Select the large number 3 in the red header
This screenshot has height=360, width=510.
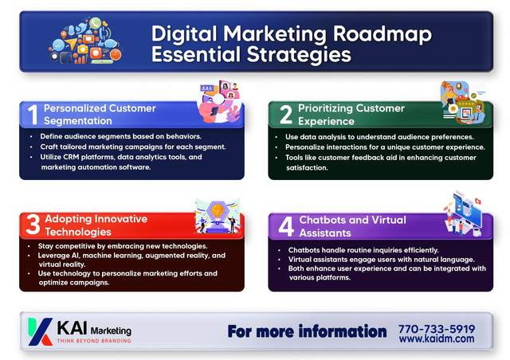tap(33, 225)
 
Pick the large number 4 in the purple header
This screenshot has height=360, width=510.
tap(284, 226)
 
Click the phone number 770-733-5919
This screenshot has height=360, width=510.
tap(437, 328)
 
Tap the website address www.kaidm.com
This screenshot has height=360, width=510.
tap(437, 339)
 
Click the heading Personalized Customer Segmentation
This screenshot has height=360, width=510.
tap(100, 114)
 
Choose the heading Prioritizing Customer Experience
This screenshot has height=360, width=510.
tap(351, 114)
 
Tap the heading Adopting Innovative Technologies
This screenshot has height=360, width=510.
tap(95, 225)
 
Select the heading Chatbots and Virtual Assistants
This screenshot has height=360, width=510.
tap(352, 226)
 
